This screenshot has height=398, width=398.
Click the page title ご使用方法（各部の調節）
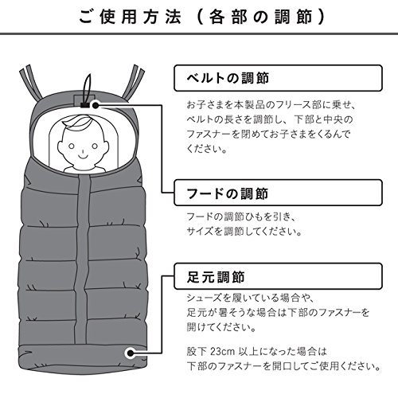202,17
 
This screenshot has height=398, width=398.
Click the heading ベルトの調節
228,78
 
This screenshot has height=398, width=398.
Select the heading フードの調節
228,193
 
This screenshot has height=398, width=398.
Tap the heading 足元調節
216,277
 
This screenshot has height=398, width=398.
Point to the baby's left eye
72,146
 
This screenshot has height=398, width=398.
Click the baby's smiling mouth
83,156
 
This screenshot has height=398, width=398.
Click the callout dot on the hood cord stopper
96,105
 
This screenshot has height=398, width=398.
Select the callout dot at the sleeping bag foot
131,353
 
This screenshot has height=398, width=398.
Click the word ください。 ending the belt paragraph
207,149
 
